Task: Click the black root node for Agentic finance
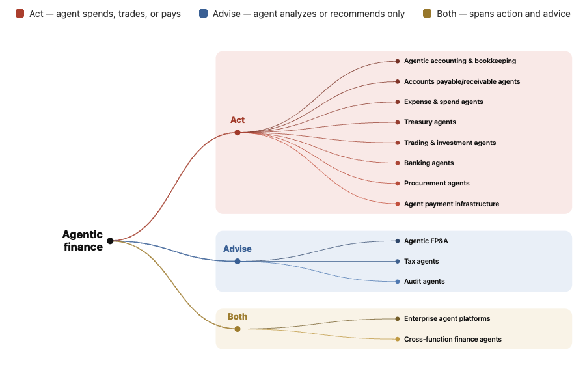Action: click(110, 241)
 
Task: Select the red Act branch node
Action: click(238, 133)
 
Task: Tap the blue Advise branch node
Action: click(238, 261)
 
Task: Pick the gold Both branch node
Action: click(238, 329)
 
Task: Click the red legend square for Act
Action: click(20, 14)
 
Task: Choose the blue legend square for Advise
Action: click(203, 14)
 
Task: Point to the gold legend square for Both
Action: click(427, 14)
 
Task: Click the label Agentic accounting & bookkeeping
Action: click(460, 61)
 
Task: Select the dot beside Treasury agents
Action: click(398, 122)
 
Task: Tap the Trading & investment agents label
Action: click(450, 143)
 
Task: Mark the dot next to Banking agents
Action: click(398, 163)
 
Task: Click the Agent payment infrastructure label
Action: click(452, 204)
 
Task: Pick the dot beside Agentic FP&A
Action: click(398, 241)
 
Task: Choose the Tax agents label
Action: click(421, 261)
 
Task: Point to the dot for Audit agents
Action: click(398, 282)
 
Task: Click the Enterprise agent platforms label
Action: click(447, 319)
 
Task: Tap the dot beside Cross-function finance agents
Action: click(398, 339)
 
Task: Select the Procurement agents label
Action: click(437, 183)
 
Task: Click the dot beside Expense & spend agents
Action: click(398, 102)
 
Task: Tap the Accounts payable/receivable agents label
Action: click(462, 81)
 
